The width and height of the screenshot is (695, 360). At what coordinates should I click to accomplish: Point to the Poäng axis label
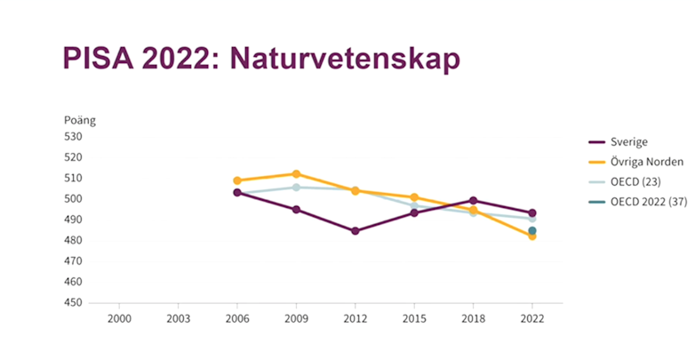(78, 120)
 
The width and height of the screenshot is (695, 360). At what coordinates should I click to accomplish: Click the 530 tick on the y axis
(73, 137)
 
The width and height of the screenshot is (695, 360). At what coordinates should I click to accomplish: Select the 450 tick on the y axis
(73, 303)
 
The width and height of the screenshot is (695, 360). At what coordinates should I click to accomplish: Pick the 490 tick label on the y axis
(73, 220)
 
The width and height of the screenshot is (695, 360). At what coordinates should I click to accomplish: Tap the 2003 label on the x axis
(178, 318)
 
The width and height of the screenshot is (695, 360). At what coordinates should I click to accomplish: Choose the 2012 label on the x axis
(355, 318)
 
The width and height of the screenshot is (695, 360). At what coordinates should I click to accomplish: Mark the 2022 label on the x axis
(532, 318)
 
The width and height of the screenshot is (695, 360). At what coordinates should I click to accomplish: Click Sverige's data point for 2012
(355, 231)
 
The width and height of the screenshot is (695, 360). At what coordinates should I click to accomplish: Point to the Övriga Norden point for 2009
(296, 174)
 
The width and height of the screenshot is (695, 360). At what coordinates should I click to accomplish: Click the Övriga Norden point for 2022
(532, 236)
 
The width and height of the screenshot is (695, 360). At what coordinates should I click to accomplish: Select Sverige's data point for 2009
(296, 210)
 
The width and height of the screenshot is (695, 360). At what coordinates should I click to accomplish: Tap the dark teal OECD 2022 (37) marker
(532, 231)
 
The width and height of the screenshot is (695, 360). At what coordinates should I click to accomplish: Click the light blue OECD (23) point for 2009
(296, 187)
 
